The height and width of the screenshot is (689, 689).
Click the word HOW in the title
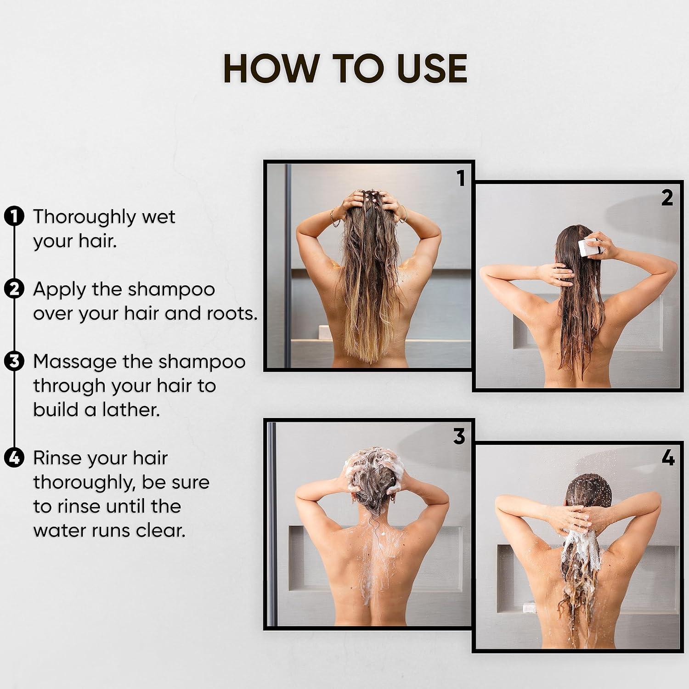(271, 68)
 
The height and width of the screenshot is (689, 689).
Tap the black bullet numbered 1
(14, 216)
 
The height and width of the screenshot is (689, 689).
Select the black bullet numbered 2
(14, 289)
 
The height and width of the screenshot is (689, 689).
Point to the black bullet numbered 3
(14, 361)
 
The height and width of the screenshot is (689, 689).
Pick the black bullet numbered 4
(14, 458)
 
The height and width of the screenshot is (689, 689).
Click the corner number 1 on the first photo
(461, 178)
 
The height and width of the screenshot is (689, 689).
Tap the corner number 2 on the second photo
(667, 198)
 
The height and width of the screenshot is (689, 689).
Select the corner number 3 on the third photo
(459, 436)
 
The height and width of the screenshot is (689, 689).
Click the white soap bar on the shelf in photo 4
(527, 607)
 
